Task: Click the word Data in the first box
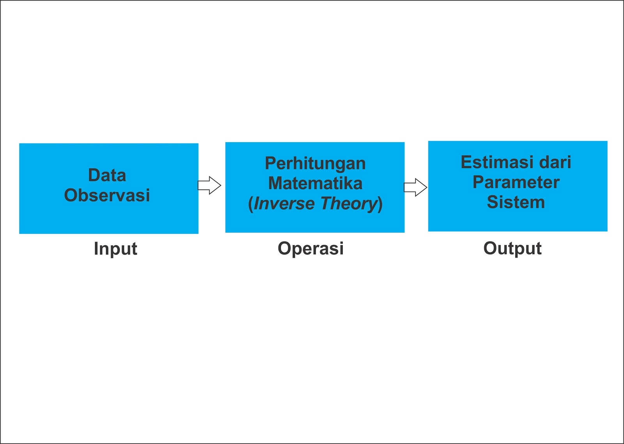(x=107, y=175)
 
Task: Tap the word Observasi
(x=107, y=195)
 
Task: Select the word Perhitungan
(x=315, y=164)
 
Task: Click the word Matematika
(x=315, y=183)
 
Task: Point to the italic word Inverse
(x=284, y=203)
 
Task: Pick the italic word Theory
(x=349, y=203)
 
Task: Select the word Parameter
(x=516, y=182)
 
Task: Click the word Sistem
(x=516, y=202)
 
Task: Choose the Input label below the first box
(x=115, y=249)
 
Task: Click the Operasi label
(x=310, y=248)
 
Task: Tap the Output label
(x=512, y=248)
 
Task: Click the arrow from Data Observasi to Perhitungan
(x=209, y=185)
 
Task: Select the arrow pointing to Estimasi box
(x=415, y=188)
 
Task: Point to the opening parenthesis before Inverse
(x=251, y=204)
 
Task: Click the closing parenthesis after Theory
(x=380, y=204)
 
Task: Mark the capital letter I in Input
(x=96, y=248)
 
